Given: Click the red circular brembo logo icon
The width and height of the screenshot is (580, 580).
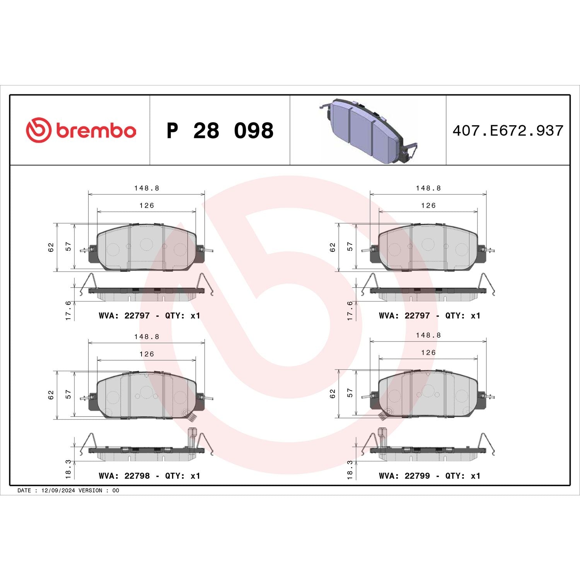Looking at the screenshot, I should (38, 130).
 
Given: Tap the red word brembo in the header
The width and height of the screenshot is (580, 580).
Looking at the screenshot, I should (96, 131).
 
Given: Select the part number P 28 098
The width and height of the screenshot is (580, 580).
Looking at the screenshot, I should (220, 131).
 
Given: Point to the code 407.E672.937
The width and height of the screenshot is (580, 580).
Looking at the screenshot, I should (508, 131).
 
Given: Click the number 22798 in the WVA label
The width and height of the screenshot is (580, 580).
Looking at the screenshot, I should (137, 476).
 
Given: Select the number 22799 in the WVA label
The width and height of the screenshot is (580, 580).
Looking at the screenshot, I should (417, 476).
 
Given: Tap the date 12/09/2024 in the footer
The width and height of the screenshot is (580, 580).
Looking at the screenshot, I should (58, 490).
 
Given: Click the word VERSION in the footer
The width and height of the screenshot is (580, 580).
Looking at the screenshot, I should (90, 490).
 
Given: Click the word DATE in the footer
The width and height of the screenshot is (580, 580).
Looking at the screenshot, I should (24, 490).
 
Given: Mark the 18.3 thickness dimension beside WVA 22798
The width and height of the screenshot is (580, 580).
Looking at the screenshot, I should (68, 469).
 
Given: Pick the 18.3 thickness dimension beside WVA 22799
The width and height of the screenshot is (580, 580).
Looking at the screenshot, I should (350, 469).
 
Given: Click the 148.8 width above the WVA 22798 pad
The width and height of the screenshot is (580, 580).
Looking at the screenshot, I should (147, 336).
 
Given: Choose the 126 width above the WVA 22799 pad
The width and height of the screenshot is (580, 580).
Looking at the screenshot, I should (428, 353).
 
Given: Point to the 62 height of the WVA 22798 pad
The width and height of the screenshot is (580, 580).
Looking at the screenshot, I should (51, 395).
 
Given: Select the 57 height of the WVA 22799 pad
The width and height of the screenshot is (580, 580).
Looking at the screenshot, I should (350, 393).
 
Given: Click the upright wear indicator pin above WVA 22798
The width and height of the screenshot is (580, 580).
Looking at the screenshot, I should (192, 437).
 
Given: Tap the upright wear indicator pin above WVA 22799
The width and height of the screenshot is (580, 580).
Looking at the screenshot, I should (382, 437).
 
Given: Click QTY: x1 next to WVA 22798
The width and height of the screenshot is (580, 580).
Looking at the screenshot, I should (183, 476).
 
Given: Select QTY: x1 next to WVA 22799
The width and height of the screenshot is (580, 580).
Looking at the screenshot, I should (463, 476).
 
